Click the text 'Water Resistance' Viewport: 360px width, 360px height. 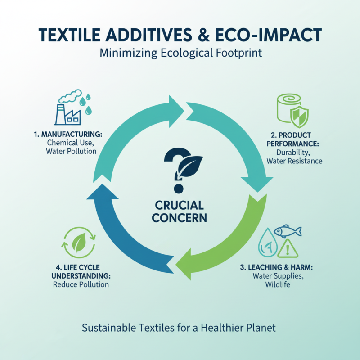point(294,161)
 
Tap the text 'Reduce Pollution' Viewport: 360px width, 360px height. point(81,284)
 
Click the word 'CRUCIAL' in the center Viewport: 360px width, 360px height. point(180,206)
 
